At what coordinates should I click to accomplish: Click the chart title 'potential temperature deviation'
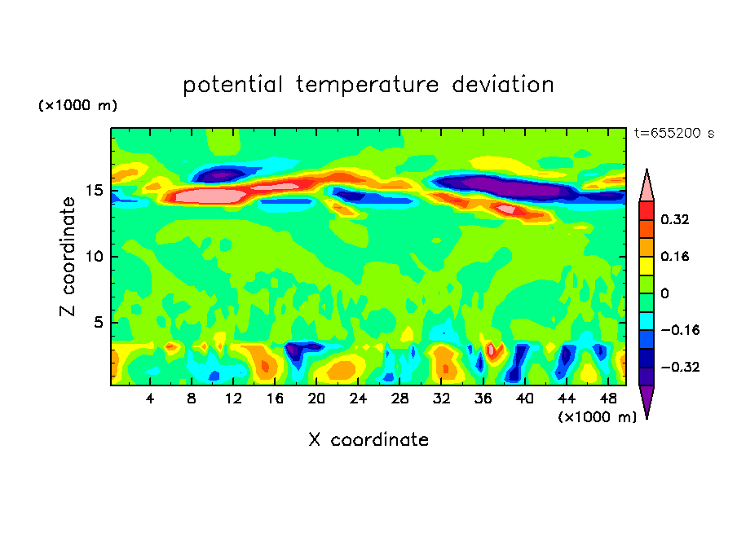(x=368, y=85)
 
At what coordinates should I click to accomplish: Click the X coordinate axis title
(x=368, y=440)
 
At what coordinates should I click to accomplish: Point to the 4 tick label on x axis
(x=150, y=398)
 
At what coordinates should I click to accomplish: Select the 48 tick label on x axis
(x=607, y=398)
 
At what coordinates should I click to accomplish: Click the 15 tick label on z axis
(x=94, y=191)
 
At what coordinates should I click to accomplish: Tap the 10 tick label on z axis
(x=94, y=257)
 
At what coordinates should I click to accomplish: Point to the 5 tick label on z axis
(x=98, y=323)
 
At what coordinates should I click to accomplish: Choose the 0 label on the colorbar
(x=664, y=293)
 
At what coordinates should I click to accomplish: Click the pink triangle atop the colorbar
(x=647, y=185)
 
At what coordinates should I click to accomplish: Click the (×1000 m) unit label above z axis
(x=77, y=106)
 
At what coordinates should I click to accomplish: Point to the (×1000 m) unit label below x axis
(x=597, y=417)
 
